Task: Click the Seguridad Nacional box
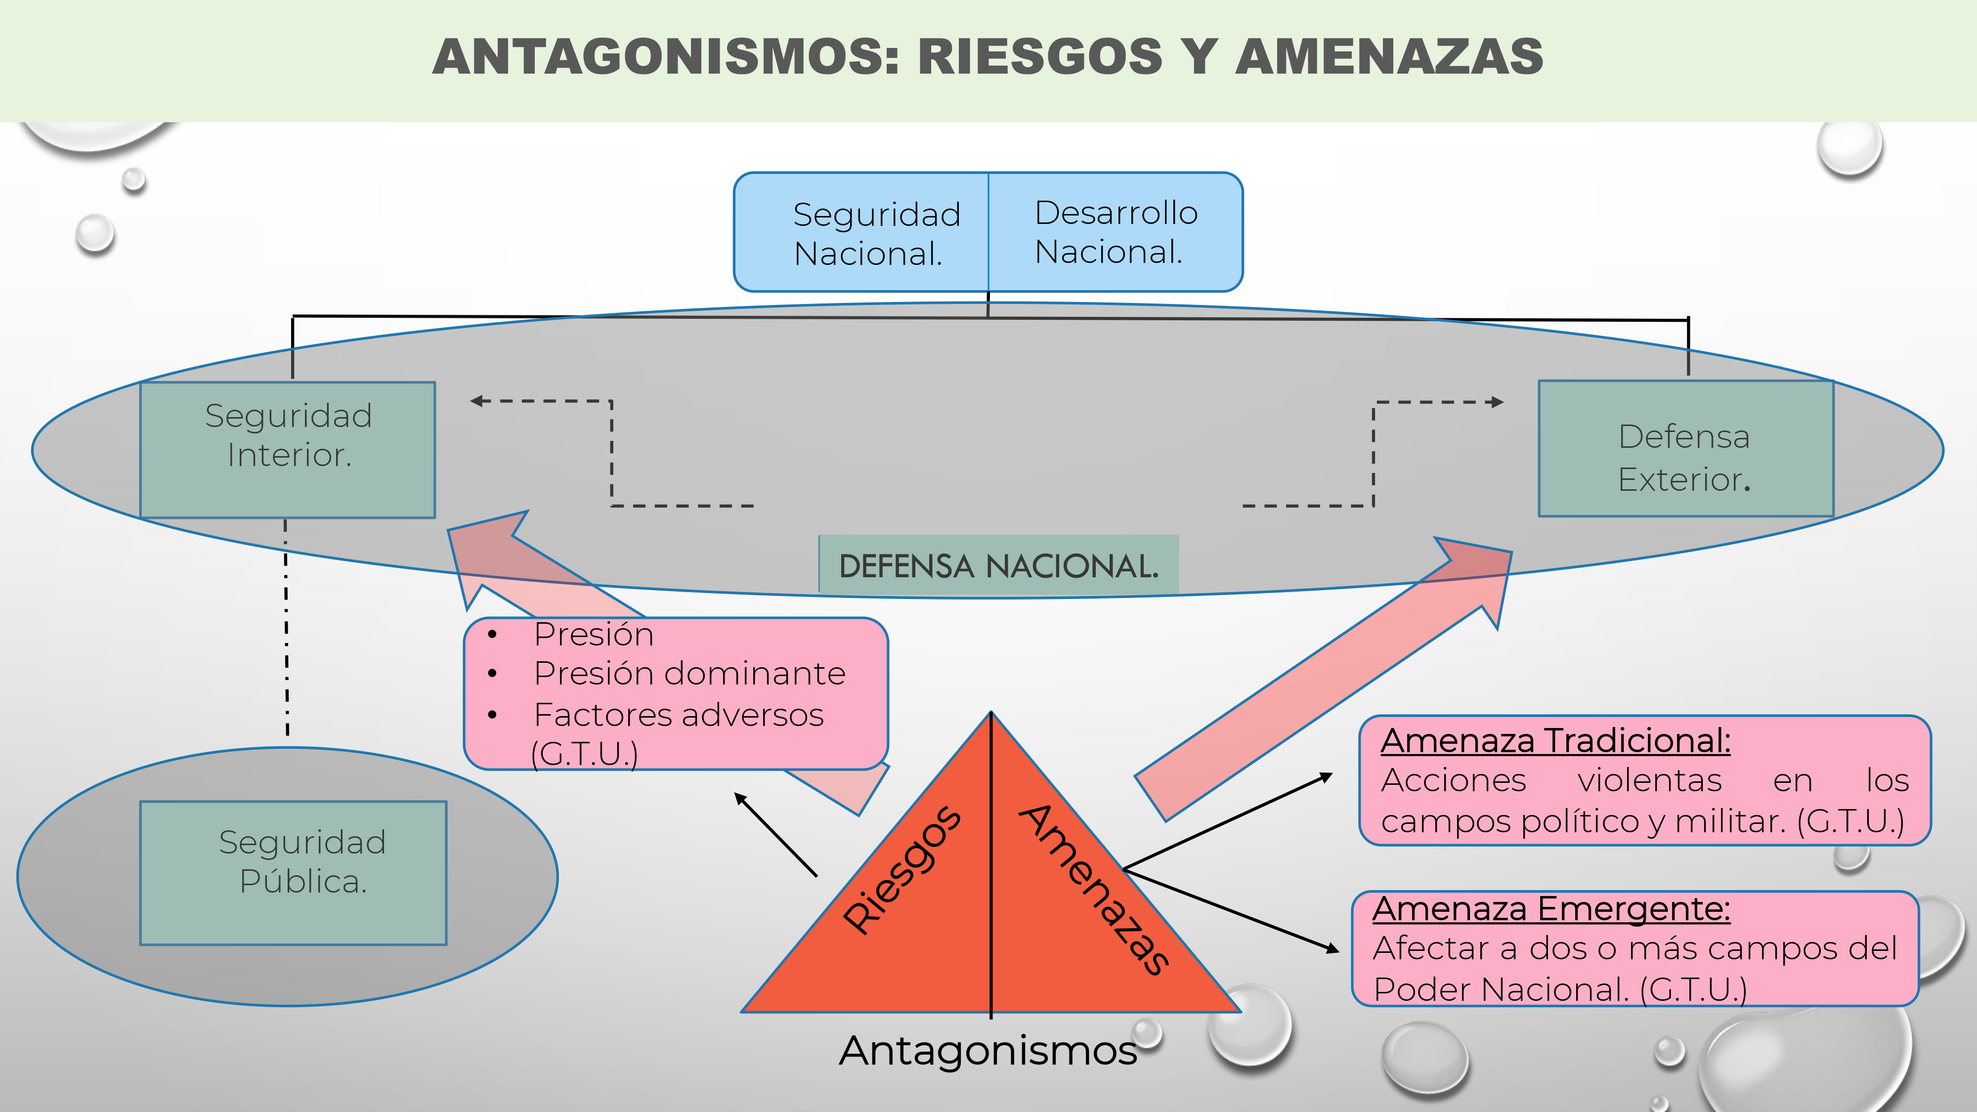[x=861, y=232]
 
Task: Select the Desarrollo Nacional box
[x=1115, y=232]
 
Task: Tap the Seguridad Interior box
[x=288, y=450]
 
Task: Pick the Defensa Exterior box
[x=1686, y=449]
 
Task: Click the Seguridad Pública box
[x=293, y=873]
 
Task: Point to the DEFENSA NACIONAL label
[x=998, y=565]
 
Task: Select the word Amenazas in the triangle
[x=1094, y=889]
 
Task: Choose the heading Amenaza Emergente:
[x=1551, y=909]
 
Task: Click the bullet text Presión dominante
[x=689, y=673]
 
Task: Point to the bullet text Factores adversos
[x=679, y=715]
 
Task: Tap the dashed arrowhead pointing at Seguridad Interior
[x=476, y=401]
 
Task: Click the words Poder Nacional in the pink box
[x=1501, y=989]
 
